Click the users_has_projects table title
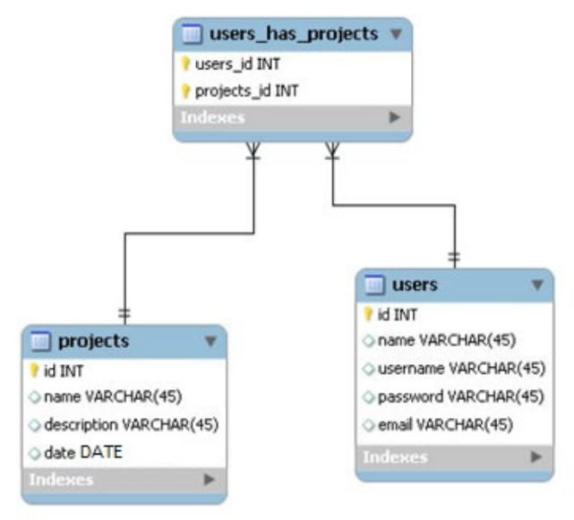point(293,35)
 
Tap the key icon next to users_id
point(186,64)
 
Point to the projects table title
point(93,341)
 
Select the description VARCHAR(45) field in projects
point(131,423)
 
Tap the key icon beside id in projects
point(36,370)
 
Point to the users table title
point(415,286)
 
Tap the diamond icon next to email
point(368,423)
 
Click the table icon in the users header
point(375,286)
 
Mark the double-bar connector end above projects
point(124,314)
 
